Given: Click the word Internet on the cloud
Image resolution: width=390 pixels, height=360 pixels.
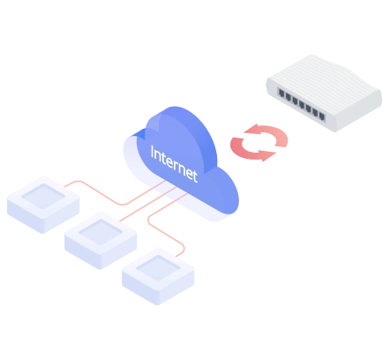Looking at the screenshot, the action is (174, 164).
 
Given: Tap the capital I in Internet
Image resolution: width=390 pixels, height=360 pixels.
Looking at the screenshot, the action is (153, 152).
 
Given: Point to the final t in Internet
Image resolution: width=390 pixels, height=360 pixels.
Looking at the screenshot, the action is (194, 176).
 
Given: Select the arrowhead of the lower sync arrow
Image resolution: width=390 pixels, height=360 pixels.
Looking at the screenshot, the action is (268, 155).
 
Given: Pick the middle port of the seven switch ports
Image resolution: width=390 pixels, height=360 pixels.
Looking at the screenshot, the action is (302, 103).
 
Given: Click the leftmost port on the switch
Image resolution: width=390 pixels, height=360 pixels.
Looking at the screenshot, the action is (281, 94).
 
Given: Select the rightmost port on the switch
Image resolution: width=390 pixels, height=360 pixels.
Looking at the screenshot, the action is (322, 116).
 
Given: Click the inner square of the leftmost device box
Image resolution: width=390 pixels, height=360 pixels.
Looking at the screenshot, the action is (43, 196).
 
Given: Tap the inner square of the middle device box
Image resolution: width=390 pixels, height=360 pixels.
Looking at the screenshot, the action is (101, 232).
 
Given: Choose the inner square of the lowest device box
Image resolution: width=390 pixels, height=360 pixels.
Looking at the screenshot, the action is (158, 268).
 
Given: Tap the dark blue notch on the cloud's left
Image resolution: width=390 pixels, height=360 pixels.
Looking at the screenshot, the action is (138, 133).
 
